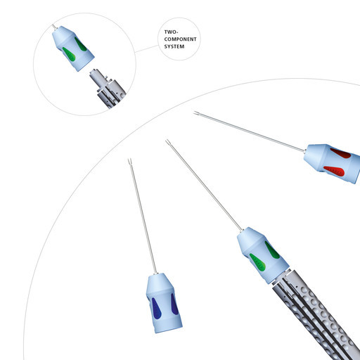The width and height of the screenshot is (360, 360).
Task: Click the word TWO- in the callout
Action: [x=171, y=32]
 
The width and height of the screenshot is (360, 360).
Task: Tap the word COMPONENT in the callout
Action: [x=180, y=39]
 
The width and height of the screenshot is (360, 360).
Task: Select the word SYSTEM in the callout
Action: [x=174, y=46]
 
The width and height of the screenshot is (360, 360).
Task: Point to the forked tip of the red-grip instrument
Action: [x=196, y=114]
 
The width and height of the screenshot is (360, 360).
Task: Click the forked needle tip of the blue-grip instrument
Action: [x=130, y=161]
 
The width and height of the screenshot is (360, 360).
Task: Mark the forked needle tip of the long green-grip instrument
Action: [x=167, y=142]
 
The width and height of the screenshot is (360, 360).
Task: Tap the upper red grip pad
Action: [x=341, y=153]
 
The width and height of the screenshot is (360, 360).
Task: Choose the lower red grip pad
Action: [x=335, y=171]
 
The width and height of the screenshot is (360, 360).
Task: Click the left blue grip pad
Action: [x=156, y=308]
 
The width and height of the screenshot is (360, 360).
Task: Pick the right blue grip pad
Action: [x=174, y=304]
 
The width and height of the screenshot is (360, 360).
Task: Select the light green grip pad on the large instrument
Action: [x=257, y=262]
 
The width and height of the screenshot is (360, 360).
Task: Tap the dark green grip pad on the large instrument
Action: [x=272, y=250]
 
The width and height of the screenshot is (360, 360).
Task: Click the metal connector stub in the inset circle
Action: [x=98, y=77]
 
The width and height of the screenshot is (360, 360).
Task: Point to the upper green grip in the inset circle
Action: [x=81, y=44]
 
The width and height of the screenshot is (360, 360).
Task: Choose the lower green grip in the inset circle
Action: [x=69, y=54]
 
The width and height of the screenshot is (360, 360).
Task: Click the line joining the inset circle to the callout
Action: [x=147, y=49]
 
